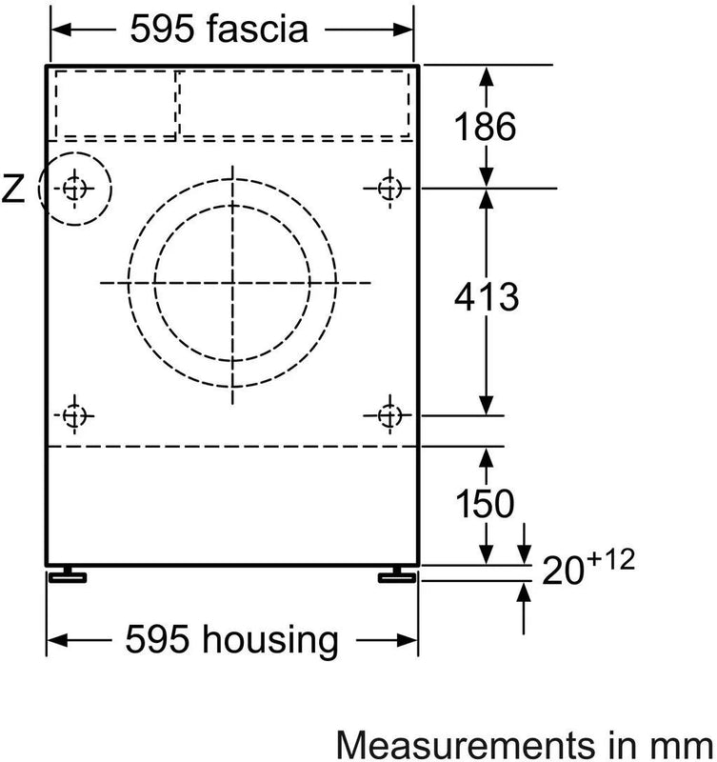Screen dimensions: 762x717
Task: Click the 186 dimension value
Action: pyautogui.click(x=487, y=127)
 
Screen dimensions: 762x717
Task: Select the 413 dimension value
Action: pyautogui.click(x=487, y=298)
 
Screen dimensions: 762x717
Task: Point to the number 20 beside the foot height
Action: pyautogui.click(x=563, y=571)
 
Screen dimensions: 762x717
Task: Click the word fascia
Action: pyautogui.click(x=258, y=30)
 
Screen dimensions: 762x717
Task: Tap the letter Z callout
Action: pyautogui.click(x=13, y=190)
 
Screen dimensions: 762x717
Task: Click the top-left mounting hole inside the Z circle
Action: pyautogui.click(x=74, y=188)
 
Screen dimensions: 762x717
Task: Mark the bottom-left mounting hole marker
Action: pyautogui.click(x=74, y=415)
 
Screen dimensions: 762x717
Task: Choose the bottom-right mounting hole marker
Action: pyautogui.click(x=388, y=415)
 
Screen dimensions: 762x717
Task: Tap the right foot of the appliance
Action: pyautogui.click(x=394, y=575)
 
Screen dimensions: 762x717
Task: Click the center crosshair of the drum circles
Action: pyautogui.click(x=231, y=283)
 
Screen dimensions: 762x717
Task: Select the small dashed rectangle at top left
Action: pyautogui.click(x=114, y=104)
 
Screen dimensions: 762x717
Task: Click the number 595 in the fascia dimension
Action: pyautogui.click(x=161, y=30)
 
